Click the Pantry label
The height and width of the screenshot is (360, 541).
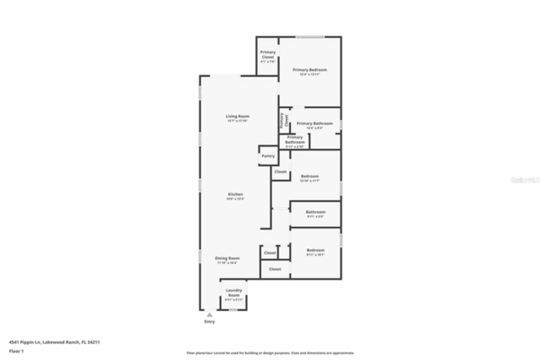(268, 156)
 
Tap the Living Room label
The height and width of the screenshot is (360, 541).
(237, 116)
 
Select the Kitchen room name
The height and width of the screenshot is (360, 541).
(235, 194)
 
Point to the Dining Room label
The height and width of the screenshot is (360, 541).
(227, 258)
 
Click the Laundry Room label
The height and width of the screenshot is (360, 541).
(234, 292)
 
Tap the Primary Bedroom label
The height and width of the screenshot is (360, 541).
(310, 70)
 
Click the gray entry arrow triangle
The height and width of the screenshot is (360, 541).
(210, 314)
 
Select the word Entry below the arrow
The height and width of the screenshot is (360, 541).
(210, 322)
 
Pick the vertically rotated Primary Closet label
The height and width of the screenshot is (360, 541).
(284, 120)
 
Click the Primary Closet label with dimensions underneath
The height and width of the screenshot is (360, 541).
(268, 55)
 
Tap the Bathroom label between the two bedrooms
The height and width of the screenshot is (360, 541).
(315, 212)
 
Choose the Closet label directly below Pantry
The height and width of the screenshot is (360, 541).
(281, 172)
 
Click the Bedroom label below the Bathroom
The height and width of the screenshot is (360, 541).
(315, 250)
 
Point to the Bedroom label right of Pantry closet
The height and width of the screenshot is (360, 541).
(310, 176)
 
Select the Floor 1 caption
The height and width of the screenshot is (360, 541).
(16, 351)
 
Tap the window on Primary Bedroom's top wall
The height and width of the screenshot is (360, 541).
(310, 37)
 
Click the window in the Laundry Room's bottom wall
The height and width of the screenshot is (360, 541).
(233, 310)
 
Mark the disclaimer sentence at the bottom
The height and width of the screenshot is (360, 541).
(270, 353)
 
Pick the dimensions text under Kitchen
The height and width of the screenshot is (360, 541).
(235, 199)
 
